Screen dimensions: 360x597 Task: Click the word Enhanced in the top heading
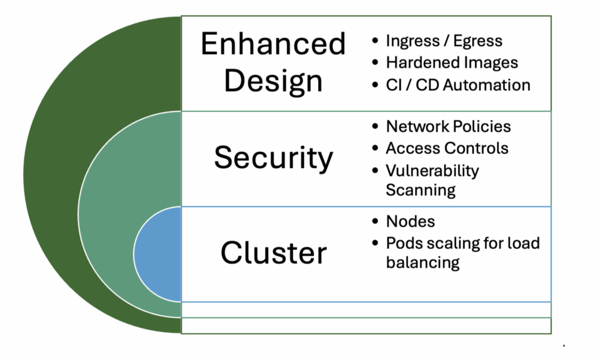[273, 44]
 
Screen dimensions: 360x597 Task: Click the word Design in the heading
[273, 81]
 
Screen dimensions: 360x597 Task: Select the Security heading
[273, 157]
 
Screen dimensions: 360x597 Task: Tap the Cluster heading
[273, 253]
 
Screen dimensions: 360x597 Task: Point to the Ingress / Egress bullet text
[444, 41]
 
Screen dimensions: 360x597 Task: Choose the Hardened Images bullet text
[452, 62]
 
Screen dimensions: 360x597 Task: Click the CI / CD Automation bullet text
[458, 85]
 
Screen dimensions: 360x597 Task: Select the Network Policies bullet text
[448, 127]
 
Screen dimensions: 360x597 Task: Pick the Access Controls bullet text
[447, 148]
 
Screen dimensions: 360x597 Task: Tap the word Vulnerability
[432, 170]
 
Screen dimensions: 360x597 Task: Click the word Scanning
[420, 190]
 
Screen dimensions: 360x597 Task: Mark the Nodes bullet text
[410, 222]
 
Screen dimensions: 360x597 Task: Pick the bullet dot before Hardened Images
[375, 63]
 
